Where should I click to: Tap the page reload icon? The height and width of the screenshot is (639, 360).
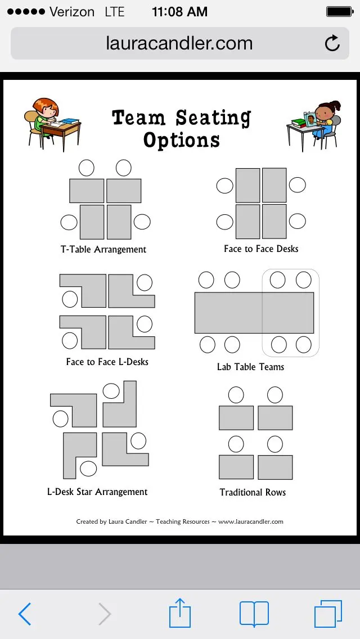pos(332,43)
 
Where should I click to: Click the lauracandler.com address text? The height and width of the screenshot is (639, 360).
pos(179,43)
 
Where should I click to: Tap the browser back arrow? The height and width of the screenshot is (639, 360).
pos(25,614)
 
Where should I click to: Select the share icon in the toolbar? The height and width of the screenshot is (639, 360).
pos(180,612)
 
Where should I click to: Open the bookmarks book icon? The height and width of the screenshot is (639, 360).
pos(254,614)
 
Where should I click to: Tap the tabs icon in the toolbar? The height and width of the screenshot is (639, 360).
pos(328,614)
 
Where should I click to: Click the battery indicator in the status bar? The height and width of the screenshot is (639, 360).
pos(339,12)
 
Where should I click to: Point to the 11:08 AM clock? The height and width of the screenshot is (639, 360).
pos(180,12)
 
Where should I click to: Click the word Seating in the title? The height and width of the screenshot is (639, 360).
pos(213,118)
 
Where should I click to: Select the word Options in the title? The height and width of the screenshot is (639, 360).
pos(182,139)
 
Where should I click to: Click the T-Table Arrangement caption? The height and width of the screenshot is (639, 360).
pos(103,249)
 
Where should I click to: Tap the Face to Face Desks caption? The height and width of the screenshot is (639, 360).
pos(261,249)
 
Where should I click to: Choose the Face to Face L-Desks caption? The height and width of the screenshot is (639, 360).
pos(107,362)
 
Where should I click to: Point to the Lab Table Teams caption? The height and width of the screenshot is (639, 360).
pos(250,367)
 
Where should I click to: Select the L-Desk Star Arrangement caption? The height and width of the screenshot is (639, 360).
pos(97,492)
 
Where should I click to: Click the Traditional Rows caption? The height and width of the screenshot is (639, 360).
pos(253,492)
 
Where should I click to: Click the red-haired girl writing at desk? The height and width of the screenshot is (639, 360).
pos(52,124)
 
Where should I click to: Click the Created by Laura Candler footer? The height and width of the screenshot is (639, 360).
pos(179,521)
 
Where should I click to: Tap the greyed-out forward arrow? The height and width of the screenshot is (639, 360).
pos(105,614)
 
